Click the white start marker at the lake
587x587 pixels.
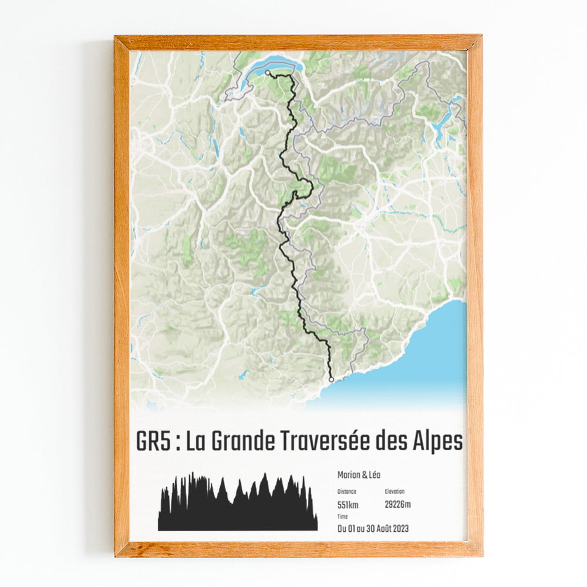tap(268, 73)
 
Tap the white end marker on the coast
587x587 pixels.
tap(331, 380)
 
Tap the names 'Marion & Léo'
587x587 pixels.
tap(359, 475)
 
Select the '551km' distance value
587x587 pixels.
tap(348, 504)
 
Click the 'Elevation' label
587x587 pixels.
tap(394, 491)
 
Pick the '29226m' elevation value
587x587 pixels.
tap(398, 504)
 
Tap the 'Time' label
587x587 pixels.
tap(342, 517)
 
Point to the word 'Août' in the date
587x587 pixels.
tap(379, 528)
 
